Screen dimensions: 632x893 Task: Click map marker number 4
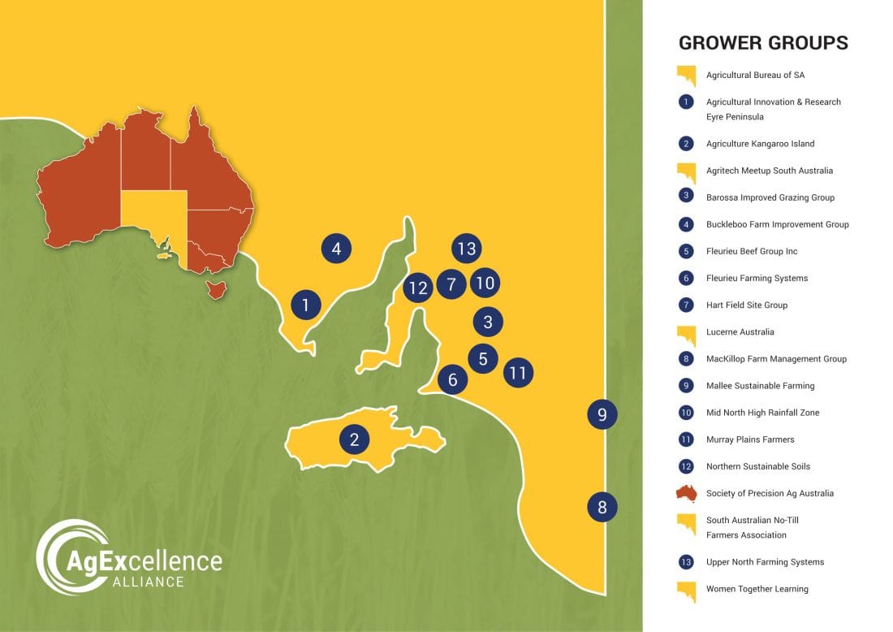click(x=336, y=249)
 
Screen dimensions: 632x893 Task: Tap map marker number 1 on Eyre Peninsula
click(x=306, y=305)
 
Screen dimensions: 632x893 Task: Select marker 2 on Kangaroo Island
click(x=354, y=440)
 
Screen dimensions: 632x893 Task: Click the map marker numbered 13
click(x=466, y=249)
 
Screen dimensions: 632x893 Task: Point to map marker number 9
click(x=602, y=415)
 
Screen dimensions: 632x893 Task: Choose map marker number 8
click(x=602, y=509)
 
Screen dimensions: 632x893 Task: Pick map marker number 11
click(x=517, y=374)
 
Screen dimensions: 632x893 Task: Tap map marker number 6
click(x=453, y=379)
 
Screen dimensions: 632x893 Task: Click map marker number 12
click(x=418, y=288)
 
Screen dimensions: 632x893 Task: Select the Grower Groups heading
click(x=763, y=43)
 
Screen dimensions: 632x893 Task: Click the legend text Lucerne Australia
click(x=740, y=332)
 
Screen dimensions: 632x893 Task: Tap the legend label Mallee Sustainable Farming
click(x=760, y=386)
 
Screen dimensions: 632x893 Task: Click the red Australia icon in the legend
click(x=687, y=493)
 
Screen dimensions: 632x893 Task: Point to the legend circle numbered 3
click(x=687, y=197)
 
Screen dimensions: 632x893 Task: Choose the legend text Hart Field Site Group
click(x=746, y=305)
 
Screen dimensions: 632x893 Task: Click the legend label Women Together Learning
click(x=757, y=589)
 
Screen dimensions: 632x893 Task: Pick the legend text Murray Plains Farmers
click(x=750, y=439)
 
